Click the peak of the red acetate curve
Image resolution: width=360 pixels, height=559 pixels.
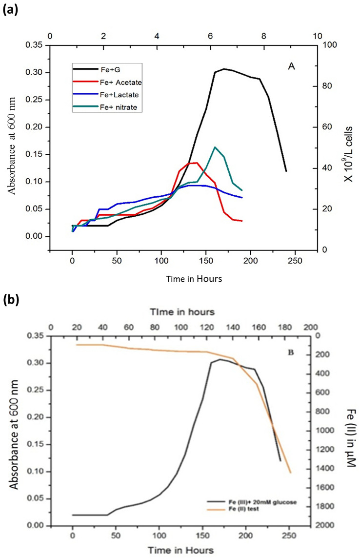coord(196,163)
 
